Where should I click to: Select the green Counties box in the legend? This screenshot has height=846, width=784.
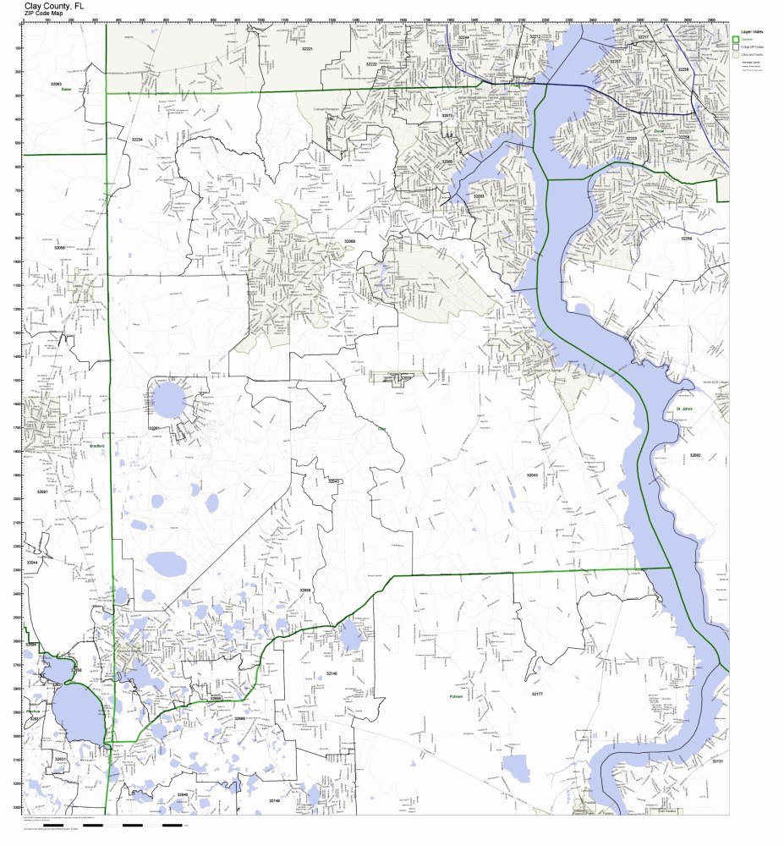point(736,40)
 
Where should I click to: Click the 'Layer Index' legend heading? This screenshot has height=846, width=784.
point(751,30)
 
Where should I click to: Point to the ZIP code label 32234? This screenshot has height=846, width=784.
point(136,139)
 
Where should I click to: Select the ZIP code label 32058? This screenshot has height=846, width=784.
point(59,248)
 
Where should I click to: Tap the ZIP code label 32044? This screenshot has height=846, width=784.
point(32,562)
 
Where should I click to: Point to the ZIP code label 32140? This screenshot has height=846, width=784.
point(332,673)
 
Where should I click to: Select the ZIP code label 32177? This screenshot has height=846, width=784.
point(536,694)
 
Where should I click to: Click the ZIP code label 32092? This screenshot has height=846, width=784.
point(694,455)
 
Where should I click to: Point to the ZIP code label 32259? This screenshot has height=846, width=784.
point(686,239)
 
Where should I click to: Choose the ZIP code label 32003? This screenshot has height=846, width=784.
point(479,196)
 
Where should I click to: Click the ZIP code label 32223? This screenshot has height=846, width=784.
point(631,138)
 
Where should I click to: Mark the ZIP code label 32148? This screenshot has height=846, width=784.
point(274,799)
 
